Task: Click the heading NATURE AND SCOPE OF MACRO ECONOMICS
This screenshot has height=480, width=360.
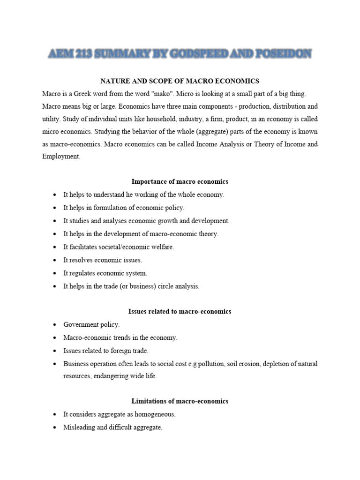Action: tap(180, 81)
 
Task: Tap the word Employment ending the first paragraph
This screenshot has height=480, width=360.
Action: tap(61, 157)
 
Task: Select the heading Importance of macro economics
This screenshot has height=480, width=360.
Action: tap(180, 181)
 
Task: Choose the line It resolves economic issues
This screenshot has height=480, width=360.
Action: tap(103, 260)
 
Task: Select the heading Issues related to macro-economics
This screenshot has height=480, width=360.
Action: tap(180, 311)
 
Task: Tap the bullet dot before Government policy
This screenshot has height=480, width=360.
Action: tap(55, 325)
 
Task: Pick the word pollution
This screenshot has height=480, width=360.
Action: tap(204, 363)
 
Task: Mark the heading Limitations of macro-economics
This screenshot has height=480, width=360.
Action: tap(180, 401)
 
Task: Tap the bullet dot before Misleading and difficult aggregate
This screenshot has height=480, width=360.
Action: tap(55, 428)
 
